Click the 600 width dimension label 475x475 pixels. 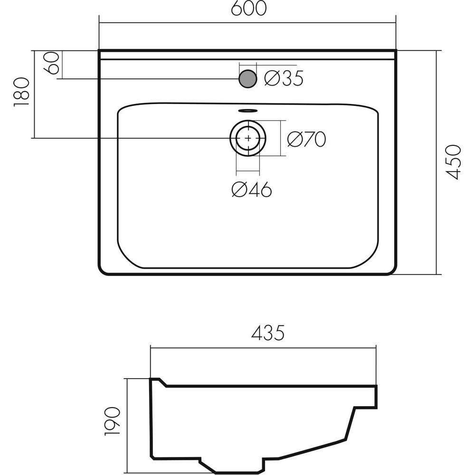[x=249, y=9]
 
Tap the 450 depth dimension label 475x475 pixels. [x=454, y=162]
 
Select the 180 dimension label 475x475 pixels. [x=21, y=92]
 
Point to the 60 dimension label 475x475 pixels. [x=51, y=63]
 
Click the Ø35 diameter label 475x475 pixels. [x=284, y=78]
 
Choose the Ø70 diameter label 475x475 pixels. [x=306, y=139]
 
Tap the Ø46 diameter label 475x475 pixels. [x=252, y=190]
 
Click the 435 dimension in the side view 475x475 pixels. [x=268, y=332]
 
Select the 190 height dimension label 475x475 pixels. [x=113, y=421]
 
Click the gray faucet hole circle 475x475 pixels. [x=248, y=79]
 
